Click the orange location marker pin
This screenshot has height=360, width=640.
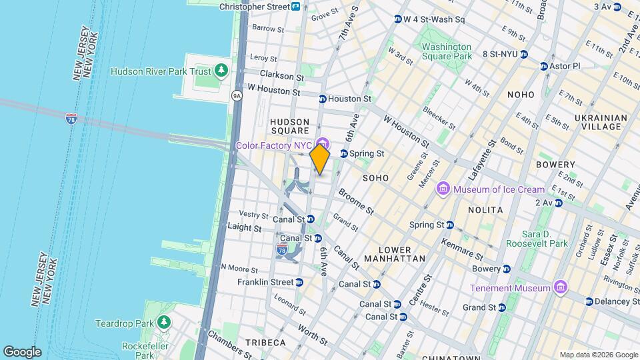320,159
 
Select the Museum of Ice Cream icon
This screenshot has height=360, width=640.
443,190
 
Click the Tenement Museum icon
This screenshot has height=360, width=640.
561,288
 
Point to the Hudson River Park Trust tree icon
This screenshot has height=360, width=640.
221,71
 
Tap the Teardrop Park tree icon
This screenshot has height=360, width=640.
164,323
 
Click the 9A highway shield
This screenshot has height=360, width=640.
237,96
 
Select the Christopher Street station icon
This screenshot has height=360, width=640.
295,7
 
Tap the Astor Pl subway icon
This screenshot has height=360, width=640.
544,67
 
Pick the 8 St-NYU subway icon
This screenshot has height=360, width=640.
523,54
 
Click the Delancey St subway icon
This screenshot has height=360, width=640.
589,301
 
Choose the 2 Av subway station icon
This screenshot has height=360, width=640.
559,202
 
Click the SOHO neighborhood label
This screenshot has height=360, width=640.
375,179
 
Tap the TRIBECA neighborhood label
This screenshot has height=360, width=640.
265,343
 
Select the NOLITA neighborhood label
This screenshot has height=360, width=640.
485,209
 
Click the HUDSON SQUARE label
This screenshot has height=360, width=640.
289,126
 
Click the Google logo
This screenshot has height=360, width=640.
22,352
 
